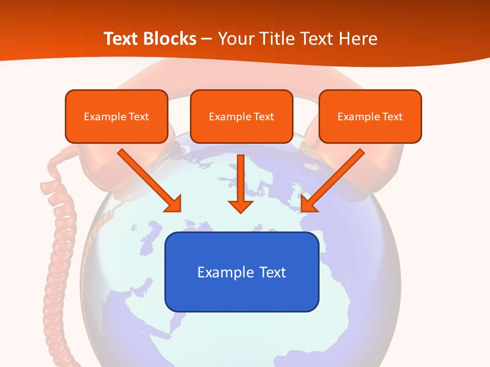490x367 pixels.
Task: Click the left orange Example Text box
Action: [x=116, y=116]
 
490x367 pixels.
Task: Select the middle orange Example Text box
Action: [x=241, y=116]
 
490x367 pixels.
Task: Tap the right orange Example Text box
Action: [x=370, y=116]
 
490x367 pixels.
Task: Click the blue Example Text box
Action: [x=241, y=272]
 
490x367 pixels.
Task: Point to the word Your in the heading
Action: [x=235, y=39]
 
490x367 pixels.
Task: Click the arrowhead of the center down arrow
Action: [x=241, y=206]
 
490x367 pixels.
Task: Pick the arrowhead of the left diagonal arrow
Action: [x=174, y=204]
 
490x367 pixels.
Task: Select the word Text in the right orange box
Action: [x=392, y=117]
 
